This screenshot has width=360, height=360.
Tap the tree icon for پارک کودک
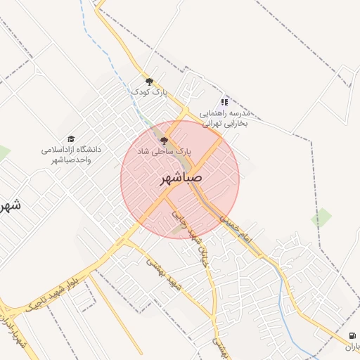[149, 82]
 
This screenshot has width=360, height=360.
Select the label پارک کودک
[149, 92]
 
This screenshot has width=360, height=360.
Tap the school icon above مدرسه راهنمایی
[224, 102]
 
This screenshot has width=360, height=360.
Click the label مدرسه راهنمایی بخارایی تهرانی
[226, 117]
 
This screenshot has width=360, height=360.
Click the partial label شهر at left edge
[8, 206]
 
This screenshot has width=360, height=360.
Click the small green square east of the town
[321, 217]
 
